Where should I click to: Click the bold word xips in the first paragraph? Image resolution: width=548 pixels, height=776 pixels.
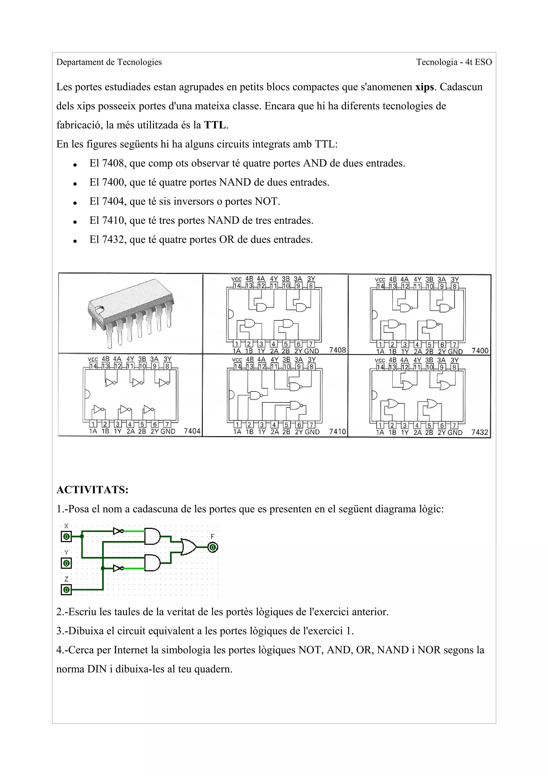424,87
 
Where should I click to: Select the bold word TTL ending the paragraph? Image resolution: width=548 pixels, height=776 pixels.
215,125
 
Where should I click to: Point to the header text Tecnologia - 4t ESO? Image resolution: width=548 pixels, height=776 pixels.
454,62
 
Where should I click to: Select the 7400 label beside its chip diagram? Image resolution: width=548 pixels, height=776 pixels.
480,351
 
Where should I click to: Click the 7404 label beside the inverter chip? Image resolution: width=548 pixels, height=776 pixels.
192,431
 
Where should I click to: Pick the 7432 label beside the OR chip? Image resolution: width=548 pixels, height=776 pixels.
479,432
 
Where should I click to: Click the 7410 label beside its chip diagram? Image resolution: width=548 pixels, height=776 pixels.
337,432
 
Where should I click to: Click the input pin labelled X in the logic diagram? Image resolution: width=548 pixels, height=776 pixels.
66,536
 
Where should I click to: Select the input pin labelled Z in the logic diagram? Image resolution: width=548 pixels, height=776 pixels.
66,590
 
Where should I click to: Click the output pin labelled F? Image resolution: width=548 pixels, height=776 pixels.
212,547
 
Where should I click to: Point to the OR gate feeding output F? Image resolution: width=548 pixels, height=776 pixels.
188,547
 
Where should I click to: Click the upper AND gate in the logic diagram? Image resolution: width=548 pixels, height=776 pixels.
152,536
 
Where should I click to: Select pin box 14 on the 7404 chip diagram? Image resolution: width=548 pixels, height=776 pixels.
93,366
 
